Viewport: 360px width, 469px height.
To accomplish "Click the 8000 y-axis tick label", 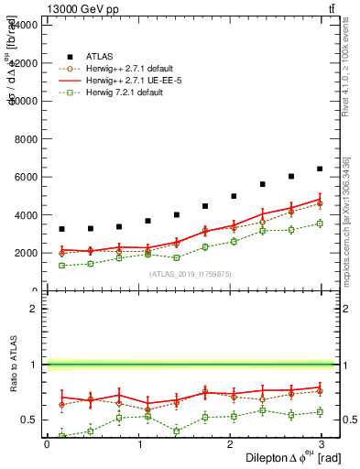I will click(26, 138).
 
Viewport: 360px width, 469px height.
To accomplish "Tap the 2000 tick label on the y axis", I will click(26, 253).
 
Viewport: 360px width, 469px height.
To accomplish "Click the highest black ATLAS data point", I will click(320, 169).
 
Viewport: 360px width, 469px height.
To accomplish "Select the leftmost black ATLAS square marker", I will click(61, 229).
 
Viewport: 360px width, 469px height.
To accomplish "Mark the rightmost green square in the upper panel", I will click(320, 224).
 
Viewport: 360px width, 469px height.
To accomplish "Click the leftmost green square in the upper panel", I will click(61, 266).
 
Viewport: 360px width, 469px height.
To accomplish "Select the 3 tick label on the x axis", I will click(325, 444).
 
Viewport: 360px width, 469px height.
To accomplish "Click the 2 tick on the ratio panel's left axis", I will click(33, 309).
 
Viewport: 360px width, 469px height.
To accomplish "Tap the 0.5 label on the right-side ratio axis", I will click(349, 420).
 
